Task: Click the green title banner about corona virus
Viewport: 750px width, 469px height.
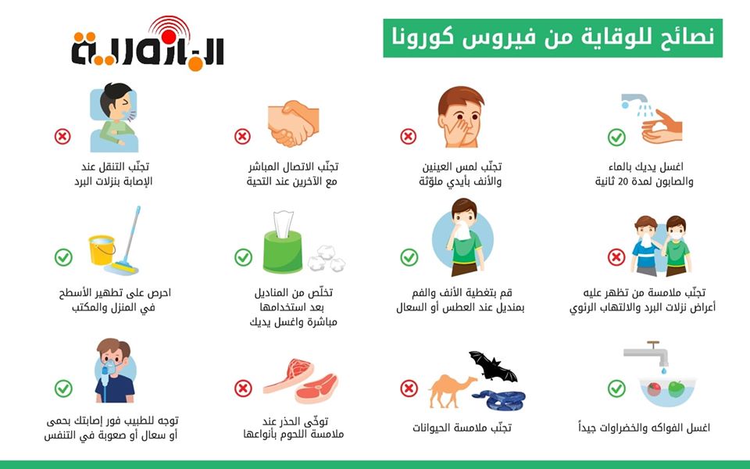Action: coord(552,38)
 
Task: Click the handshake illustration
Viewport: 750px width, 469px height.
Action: coord(293,123)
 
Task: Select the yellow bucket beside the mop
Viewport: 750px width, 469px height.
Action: coord(102,250)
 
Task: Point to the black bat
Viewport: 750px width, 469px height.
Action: coord(492,367)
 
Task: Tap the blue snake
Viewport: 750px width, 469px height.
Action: coord(500,400)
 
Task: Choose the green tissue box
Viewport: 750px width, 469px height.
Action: coord(283,251)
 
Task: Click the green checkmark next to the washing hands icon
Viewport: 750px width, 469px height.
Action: coord(616,138)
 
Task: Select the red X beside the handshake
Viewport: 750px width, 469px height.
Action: coord(242,136)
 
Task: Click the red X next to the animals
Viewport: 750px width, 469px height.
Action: coord(409,388)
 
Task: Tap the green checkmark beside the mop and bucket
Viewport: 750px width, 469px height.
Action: coord(63,257)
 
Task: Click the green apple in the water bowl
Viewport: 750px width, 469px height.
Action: coord(676,389)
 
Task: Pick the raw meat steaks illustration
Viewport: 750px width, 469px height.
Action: coord(301,381)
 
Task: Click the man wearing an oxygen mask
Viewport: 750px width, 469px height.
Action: coord(115,371)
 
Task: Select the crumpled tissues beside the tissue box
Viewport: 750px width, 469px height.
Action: coord(327,259)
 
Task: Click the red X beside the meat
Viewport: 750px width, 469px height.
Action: coord(243,388)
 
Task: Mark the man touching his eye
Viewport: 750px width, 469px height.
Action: coord(460,116)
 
